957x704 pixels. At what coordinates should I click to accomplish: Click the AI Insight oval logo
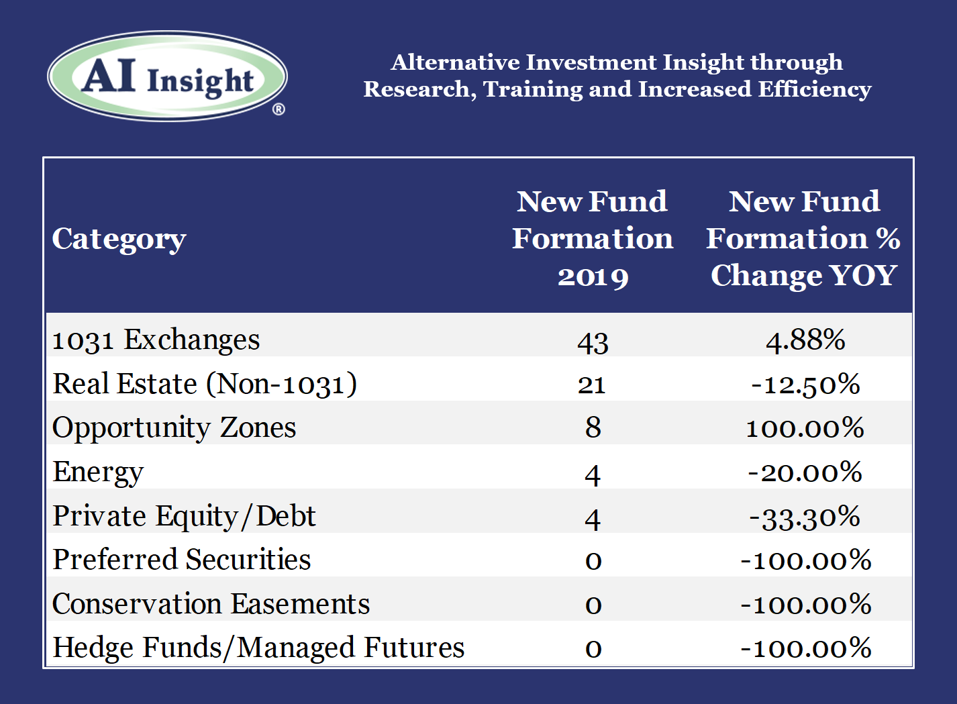coord(167,76)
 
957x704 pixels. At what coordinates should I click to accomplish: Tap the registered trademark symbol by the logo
coord(279,110)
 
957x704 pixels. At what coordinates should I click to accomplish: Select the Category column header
coord(119,239)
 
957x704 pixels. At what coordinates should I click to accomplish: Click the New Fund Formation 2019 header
coord(593,238)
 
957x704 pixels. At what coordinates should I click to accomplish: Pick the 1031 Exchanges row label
coord(156,340)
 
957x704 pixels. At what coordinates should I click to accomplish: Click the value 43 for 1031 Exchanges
coord(593,343)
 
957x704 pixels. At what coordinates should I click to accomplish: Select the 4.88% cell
coord(805,341)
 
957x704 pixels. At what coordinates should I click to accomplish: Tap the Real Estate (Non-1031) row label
coord(205,384)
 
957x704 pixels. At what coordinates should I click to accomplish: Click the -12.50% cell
coord(805,385)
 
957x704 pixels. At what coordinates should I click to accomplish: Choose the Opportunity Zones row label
coord(174,428)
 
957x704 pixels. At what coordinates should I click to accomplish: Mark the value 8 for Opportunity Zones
coord(593,428)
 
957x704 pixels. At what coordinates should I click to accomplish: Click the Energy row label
coord(98,473)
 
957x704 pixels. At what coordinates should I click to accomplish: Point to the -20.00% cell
coord(805,472)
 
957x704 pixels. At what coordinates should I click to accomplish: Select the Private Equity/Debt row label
coord(184,517)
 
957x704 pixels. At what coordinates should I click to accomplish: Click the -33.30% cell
coord(805,517)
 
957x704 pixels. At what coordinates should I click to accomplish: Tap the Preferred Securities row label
coord(182,560)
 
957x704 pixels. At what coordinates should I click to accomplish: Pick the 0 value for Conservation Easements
coord(593,605)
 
